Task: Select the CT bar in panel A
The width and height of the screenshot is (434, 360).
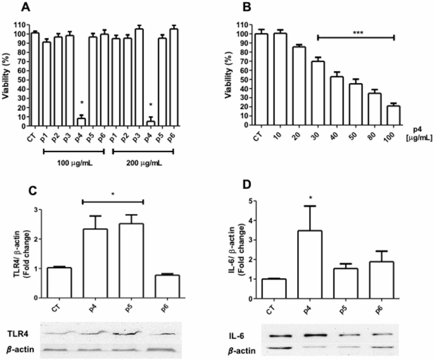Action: pyautogui.click(x=35, y=79)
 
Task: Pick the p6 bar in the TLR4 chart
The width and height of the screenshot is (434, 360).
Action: pyautogui.click(x=167, y=286)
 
